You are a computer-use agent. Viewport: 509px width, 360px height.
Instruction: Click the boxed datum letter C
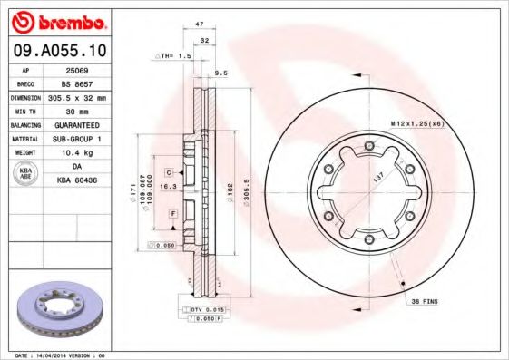point(169,171)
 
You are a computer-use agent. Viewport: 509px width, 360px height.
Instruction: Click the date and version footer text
point(62,355)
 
